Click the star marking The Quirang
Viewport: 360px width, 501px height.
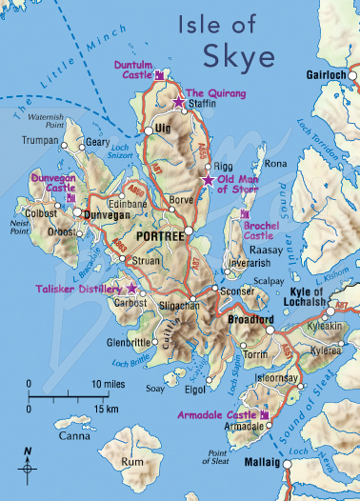coord(178,100)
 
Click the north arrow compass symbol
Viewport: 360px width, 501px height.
coord(29,468)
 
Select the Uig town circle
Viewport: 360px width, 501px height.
coord(150,129)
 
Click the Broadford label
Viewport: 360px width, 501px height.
coord(252,321)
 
